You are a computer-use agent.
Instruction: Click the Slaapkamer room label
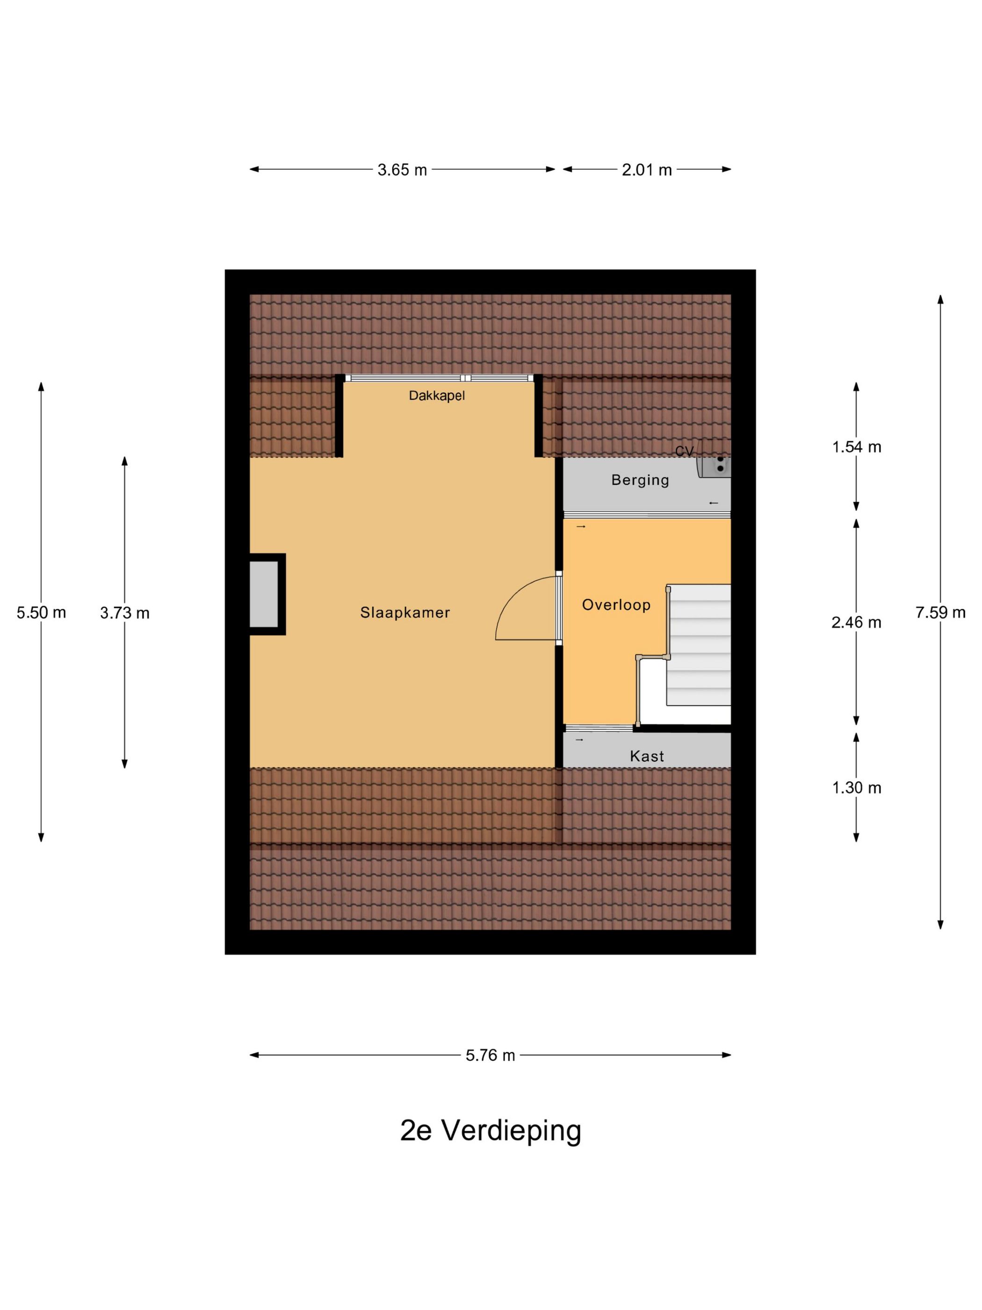[x=405, y=612]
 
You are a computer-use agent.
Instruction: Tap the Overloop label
[x=615, y=604]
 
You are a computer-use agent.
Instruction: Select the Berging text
[x=640, y=480]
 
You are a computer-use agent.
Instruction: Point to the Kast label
[x=646, y=756]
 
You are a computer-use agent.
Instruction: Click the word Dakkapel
[x=437, y=396]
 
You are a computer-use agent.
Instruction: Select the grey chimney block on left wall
[x=264, y=594]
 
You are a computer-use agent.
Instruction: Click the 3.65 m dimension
[x=402, y=170]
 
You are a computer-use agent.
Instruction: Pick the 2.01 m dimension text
[x=646, y=170]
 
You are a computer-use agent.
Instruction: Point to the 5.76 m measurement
[x=490, y=1055]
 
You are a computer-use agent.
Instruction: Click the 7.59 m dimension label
[x=940, y=612]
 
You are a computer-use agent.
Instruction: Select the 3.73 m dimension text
[x=124, y=613]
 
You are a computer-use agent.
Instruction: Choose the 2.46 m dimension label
[x=856, y=622]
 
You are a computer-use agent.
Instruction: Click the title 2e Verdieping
[x=491, y=1130]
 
